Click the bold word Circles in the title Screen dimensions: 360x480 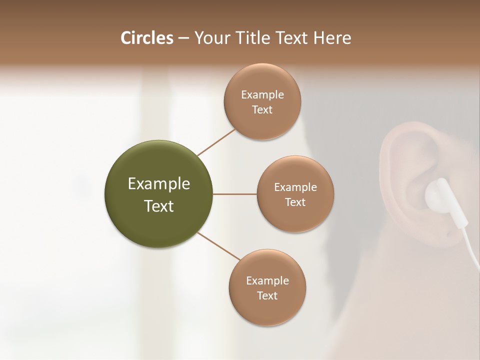146,38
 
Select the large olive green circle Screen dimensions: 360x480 158,194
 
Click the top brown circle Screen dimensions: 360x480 262,101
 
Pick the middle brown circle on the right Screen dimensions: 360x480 295,194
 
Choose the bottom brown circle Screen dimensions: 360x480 267,287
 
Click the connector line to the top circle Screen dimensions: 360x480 216,142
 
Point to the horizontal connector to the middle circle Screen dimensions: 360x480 234,194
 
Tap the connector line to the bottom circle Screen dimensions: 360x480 219,246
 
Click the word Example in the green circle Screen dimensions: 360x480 158,184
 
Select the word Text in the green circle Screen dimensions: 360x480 158,206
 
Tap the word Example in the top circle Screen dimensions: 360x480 262,94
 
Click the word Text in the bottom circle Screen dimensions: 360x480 267,295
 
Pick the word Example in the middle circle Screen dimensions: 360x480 295,187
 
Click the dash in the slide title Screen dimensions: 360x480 183,38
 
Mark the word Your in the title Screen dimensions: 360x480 210,38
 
